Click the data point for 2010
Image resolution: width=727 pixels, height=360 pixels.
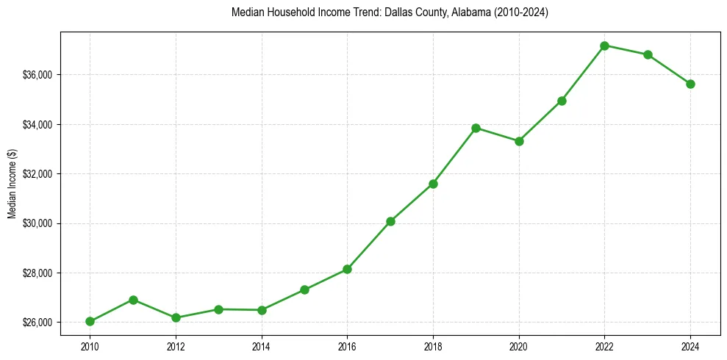(x=90, y=321)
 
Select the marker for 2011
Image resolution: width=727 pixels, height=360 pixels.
(x=133, y=300)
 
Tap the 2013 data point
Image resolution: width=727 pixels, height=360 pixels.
(x=218, y=309)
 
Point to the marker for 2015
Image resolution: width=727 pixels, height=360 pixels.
(x=304, y=289)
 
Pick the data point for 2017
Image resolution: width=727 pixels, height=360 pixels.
(x=390, y=221)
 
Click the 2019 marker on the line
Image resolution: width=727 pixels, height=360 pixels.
(x=476, y=128)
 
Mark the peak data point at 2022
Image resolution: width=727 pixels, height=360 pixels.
(x=604, y=46)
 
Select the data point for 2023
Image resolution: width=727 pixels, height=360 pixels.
(x=648, y=54)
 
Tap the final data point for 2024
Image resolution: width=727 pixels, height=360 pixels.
(x=690, y=84)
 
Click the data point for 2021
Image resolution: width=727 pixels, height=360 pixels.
(x=562, y=101)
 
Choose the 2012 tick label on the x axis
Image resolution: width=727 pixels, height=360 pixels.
(x=176, y=345)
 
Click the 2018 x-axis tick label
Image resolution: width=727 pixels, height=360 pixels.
(x=433, y=345)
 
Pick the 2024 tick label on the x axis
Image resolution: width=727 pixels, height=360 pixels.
(x=690, y=345)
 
